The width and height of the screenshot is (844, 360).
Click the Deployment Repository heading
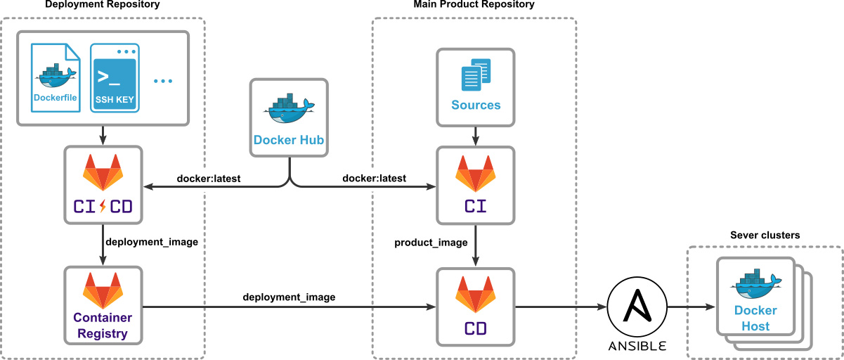[103, 5]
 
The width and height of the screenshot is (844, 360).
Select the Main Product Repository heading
[474, 5]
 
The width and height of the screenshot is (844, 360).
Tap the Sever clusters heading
[765, 236]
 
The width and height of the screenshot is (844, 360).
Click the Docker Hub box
[289, 117]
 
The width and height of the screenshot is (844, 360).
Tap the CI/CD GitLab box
[103, 185]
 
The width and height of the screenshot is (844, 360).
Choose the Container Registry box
[103, 306]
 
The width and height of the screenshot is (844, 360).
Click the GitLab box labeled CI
[476, 185]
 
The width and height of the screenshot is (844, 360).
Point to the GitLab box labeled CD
[476, 306]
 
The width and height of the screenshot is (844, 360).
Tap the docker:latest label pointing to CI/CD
[209, 179]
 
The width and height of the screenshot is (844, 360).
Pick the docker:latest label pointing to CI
[374, 179]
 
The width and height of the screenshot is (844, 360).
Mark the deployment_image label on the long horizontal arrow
[289, 297]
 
